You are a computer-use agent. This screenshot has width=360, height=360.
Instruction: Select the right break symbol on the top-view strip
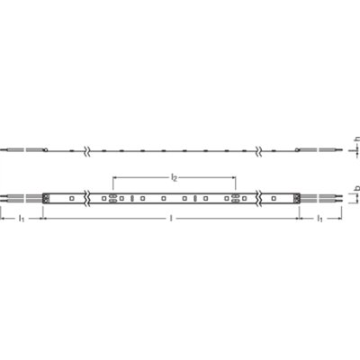point(263,196)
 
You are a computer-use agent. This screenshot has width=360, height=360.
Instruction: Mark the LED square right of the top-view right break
point(273,196)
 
